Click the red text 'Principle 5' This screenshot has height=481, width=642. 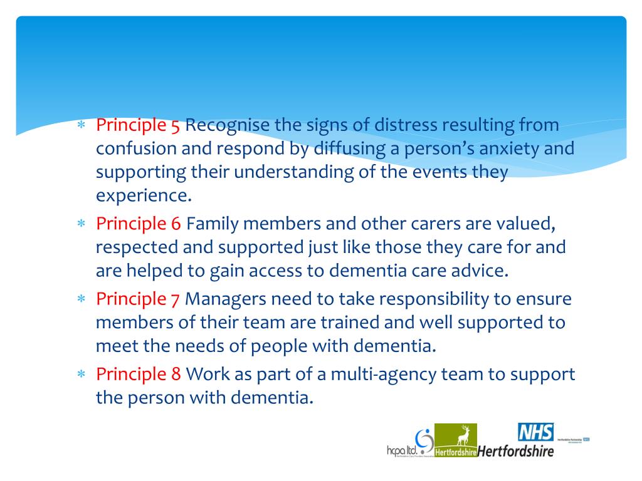(138, 125)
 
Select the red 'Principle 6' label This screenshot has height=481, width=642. (138, 223)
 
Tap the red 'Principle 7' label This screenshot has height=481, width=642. (138, 299)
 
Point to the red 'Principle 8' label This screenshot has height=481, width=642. (138, 375)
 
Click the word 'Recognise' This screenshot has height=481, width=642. (226, 125)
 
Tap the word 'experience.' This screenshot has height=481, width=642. (144, 196)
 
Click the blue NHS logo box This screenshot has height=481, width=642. (536, 433)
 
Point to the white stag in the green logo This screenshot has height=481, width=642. (465, 433)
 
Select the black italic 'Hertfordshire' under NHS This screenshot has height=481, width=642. (516, 450)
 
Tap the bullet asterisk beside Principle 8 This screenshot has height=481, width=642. (80, 375)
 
